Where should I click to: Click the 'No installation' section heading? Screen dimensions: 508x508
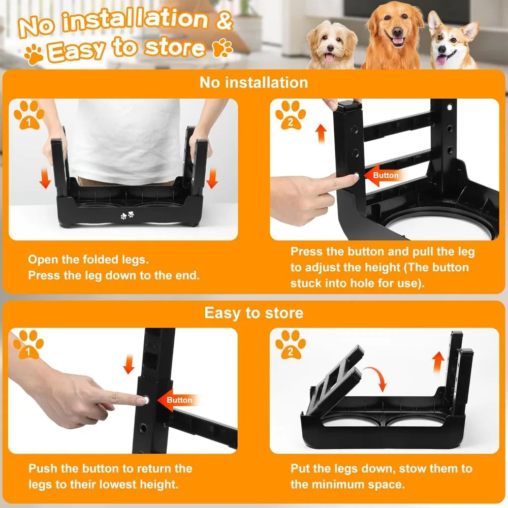[253, 82]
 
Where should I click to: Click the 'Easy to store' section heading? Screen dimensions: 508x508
[253, 313]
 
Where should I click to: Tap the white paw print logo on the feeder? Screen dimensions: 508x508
[126, 215]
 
